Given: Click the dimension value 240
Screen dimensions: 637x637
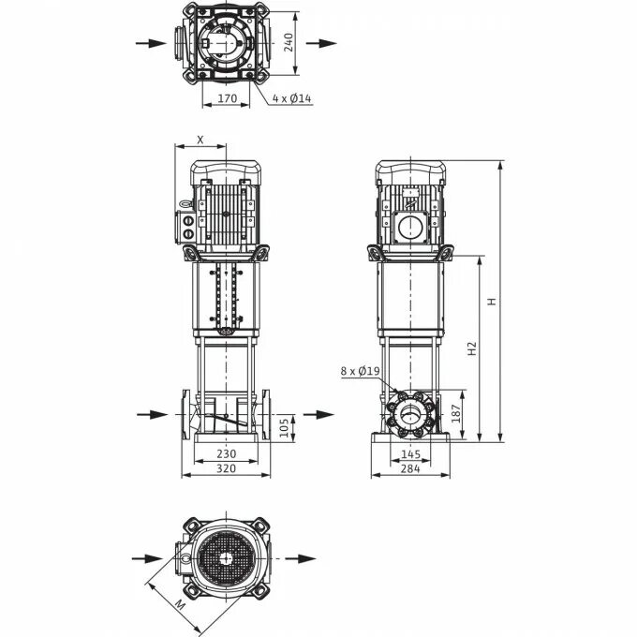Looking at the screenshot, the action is point(289,42).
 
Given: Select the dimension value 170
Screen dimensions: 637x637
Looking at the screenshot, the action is point(227,96).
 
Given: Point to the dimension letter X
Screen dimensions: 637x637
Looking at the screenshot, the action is point(200,139).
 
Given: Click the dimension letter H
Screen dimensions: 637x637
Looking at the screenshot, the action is point(489,302).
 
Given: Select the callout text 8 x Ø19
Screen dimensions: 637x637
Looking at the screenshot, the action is point(360,371).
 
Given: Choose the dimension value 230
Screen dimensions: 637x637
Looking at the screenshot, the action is point(226,453).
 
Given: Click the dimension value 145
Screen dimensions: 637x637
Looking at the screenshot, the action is point(410,453).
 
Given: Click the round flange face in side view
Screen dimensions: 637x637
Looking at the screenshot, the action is point(409,414).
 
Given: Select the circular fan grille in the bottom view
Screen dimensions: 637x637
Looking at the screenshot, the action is point(226,558).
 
